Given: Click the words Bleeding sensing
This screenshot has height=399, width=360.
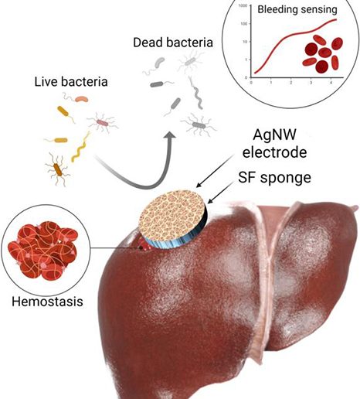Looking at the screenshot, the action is coord(297,9).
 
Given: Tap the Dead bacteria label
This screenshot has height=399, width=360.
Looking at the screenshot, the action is coord(173,43).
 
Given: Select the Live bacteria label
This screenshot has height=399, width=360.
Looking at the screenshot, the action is coord(71,82).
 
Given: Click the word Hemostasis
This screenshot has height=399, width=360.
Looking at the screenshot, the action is coord(47,302).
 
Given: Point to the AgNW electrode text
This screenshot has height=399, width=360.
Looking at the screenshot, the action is coord(275,143).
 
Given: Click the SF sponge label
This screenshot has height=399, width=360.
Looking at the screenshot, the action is coord(275,177).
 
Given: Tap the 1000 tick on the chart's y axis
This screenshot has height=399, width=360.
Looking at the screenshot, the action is coord(243,5).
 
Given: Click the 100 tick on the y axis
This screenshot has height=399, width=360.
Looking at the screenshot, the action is coord(244,24).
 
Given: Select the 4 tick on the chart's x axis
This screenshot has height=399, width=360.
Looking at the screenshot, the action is coord(331,83).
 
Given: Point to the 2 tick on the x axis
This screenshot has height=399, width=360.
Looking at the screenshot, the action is coord(291,83).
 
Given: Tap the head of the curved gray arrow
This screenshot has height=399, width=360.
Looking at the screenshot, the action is coord(170,137).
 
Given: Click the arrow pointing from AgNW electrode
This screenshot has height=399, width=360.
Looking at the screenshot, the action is coord(216,171).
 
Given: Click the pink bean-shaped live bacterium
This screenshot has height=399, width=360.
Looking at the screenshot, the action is coord(82,99).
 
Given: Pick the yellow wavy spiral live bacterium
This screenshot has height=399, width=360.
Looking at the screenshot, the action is coord(80,147).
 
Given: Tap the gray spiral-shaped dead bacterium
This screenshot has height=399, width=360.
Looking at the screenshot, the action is coord(196,93).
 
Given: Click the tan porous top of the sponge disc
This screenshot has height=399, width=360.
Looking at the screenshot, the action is coord(172,216).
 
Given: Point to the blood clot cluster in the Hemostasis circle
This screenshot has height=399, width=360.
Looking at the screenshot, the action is coord(43,251).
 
